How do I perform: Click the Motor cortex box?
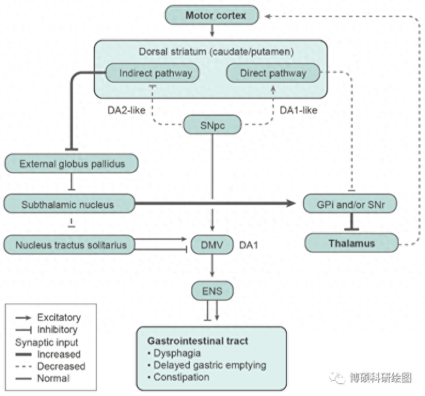(213, 15)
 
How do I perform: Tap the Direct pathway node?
(273, 73)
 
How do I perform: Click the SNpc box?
(212, 126)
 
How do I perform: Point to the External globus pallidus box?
(71, 163)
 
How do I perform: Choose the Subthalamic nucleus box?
(68, 205)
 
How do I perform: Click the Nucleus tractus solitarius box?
(68, 245)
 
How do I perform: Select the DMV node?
(212, 245)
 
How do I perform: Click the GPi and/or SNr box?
(349, 205)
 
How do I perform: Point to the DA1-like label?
(298, 111)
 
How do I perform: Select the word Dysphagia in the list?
(177, 353)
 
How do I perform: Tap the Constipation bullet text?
(181, 377)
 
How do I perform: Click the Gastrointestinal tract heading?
(197, 341)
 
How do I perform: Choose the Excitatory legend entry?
(59, 317)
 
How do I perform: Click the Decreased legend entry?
(61, 366)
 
